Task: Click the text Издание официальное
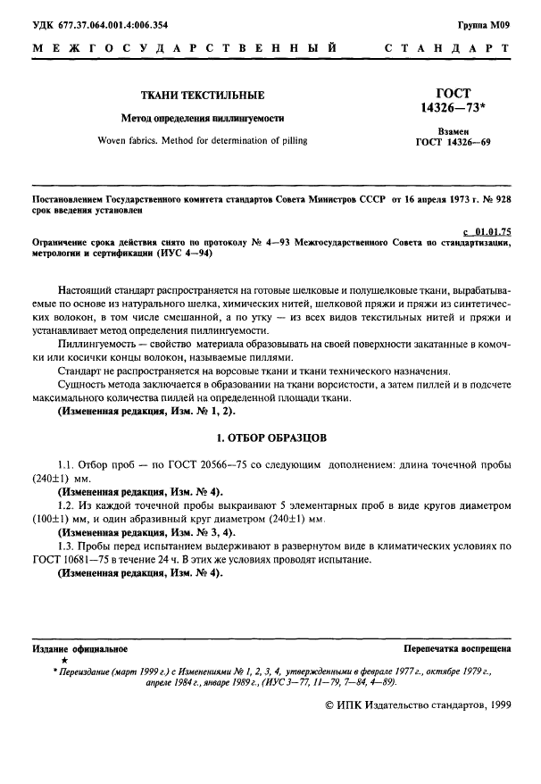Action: pos(79,649)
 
